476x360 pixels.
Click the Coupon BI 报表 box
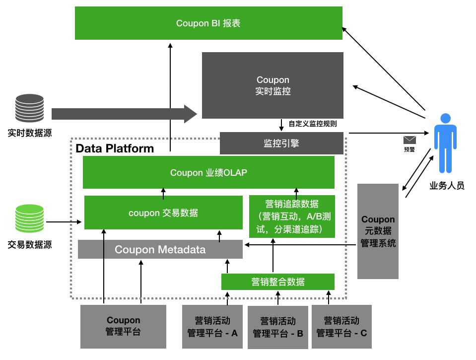(x=208, y=23)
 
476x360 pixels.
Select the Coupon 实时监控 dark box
(x=272, y=85)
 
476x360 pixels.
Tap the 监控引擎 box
(x=281, y=143)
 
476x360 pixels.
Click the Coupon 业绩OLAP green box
(x=208, y=172)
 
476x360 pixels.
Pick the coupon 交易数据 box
(x=163, y=213)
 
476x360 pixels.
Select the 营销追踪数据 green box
(x=292, y=216)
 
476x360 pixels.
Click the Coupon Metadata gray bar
(x=160, y=249)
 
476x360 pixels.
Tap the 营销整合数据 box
(x=278, y=282)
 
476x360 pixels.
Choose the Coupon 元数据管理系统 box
(x=378, y=231)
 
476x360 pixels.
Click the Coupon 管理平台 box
(x=123, y=327)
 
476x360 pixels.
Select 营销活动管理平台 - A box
(x=212, y=327)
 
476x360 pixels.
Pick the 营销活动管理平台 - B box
(x=278, y=327)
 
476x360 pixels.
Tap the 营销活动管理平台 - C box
(x=341, y=327)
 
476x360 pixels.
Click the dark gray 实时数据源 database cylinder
(x=29, y=108)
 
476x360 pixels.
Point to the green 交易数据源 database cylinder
(x=29, y=218)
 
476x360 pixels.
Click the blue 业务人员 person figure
(x=445, y=143)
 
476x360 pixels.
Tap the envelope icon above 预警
(x=409, y=140)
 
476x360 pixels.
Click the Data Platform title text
(x=115, y=148)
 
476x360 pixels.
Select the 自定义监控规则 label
(x=313, y=124)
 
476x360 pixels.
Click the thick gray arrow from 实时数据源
(x=125, y=114)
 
